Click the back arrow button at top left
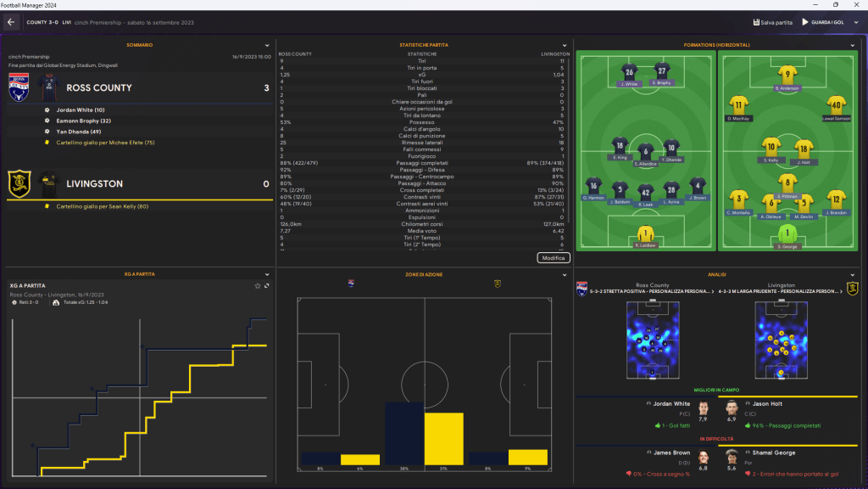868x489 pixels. click(12, 22)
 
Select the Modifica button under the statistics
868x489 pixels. click(554, 257)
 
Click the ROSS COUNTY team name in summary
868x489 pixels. click(98, 87)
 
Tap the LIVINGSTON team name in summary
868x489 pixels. click(94, 183)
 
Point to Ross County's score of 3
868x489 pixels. click(265, 87)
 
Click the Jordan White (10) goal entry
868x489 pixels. click(81, 110)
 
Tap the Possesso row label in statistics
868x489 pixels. click(422, 122)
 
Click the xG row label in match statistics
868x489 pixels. click(422, 75)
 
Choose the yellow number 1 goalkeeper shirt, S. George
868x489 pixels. click(788, 233)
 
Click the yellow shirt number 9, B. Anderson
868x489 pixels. click(788, 74)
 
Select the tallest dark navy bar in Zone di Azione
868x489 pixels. click(404, 434)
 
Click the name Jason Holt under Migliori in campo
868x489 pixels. click(772, 403)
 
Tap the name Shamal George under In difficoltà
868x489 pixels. click(777, 452)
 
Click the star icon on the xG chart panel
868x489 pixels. click(257, 285)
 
